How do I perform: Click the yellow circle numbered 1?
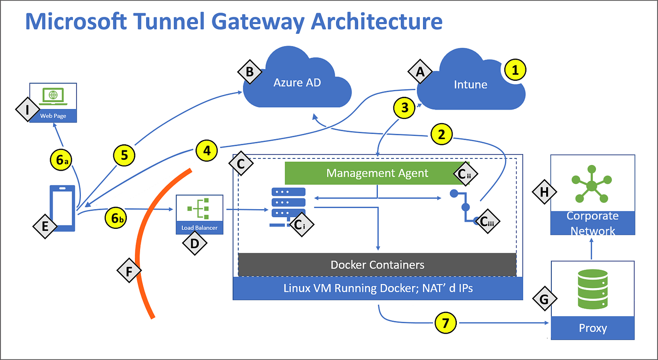(515, 71)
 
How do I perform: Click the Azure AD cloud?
(297, 82)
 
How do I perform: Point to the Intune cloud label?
(470, 85)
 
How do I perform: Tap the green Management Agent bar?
(377, 173)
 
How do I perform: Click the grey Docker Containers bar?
(377, 265)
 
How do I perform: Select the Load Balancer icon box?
(199, 214)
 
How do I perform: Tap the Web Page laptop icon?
(53, 96)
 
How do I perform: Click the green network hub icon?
(592, 184)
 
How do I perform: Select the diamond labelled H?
(544, 192)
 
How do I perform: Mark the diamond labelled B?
(250, 72)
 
